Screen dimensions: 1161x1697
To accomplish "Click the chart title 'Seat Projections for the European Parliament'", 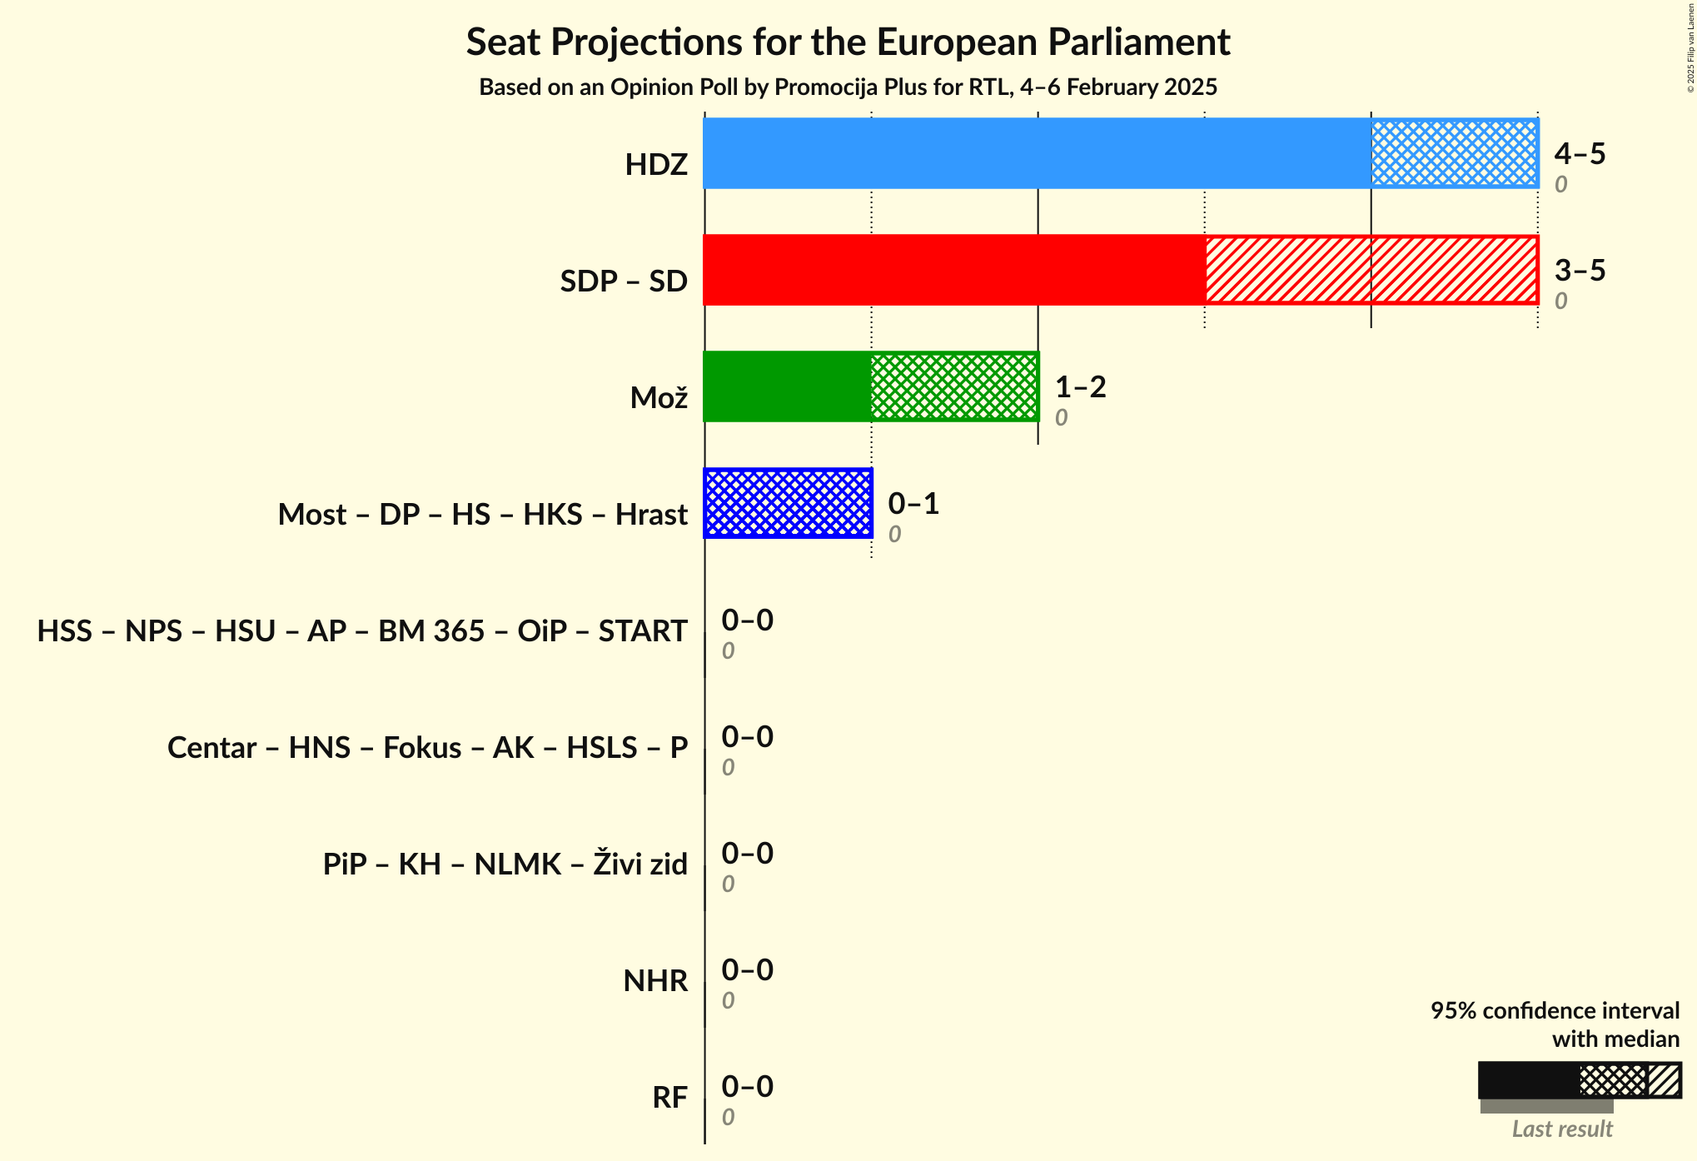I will click(848, 42).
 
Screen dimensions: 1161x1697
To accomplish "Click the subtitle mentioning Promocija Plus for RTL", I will click(848, 87).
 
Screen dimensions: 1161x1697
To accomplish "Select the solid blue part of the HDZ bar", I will click(1037, 153).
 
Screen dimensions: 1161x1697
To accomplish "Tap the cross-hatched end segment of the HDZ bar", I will click(1454, 153).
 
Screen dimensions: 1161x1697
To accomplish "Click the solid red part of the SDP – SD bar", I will click(954, 270).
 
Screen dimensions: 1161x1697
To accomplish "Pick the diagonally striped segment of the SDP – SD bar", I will click(1371, 270).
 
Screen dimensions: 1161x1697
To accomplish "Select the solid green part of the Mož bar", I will click(787, 386).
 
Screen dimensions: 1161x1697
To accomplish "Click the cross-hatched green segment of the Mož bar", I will click(954, 386).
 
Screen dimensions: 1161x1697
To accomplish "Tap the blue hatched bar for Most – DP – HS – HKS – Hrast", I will click(788, 503).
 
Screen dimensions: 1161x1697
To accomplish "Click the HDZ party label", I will click(656, 165).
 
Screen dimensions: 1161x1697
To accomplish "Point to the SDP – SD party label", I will click(624, 282).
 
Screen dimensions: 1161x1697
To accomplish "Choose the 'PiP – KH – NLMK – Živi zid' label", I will click(505, 865).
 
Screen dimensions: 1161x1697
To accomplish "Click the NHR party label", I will click(655, 981).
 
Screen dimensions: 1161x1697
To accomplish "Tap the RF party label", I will click(669, 1098).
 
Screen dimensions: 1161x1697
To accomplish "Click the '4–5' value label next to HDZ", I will click(1580, 154).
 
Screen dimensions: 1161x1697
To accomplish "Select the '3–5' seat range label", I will click(1580, 271).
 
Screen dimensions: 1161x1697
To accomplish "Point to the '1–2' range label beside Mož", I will click(1080, 387).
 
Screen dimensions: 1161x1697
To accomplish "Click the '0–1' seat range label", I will click(913, 504).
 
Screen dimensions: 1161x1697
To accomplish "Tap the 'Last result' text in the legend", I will click(1562, 1129).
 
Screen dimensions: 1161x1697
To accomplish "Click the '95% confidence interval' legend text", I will click(1555, 1011).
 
